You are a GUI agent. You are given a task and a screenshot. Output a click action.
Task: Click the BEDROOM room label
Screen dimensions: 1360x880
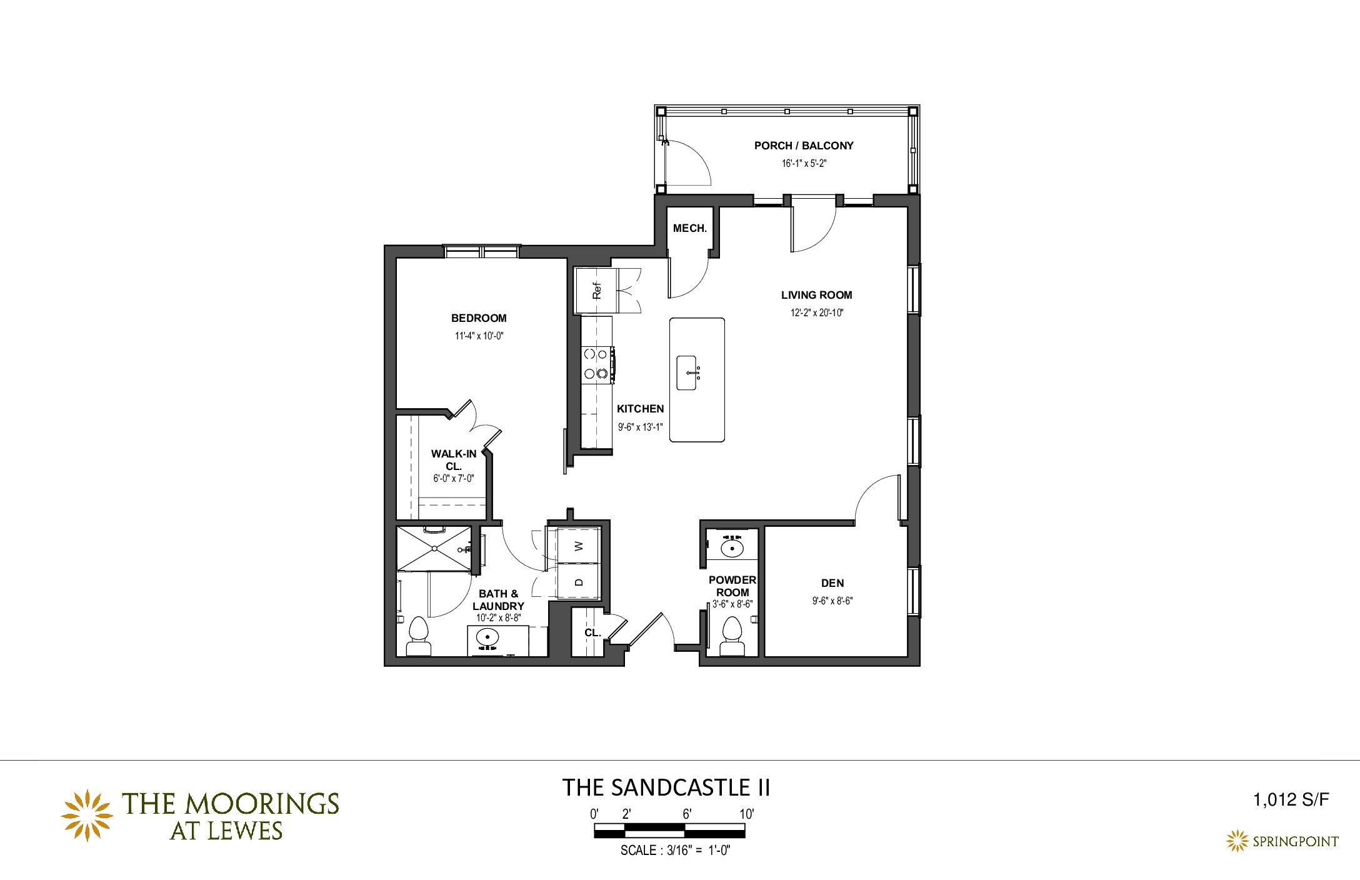[479, 318]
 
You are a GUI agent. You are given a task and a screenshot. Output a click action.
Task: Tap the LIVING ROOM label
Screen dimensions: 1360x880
[816, 295]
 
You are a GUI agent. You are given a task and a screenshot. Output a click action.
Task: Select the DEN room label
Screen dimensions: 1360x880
[832, 583]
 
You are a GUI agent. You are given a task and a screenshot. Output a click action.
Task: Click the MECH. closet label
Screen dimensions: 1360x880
[690, 229]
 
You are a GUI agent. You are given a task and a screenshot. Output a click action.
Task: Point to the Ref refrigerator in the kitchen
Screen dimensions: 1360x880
[596, 291]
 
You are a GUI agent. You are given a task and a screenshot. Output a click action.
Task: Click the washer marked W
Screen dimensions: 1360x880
[578, 546]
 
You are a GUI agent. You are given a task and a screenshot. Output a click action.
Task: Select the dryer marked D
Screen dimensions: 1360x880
[578, 581]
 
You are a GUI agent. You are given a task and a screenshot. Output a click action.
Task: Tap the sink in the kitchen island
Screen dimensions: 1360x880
[687, 373]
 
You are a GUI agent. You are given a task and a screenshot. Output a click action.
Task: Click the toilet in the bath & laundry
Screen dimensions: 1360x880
[418, 636]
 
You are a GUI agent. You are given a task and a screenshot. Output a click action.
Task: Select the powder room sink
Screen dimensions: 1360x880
[732, 548]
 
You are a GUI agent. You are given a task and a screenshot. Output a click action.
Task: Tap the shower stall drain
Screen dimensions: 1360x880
[434, 549]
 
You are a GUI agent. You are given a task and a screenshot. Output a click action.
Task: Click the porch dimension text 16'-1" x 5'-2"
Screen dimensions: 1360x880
[804, 164]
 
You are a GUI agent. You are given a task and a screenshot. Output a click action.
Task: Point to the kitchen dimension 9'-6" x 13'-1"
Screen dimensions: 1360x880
[640, 427]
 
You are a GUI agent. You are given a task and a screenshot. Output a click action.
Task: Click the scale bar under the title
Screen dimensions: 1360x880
[669, 831]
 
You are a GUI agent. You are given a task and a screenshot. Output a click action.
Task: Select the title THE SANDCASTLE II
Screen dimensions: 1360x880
[666, 787]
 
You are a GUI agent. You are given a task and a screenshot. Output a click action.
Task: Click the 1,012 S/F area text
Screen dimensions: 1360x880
[1291, 800]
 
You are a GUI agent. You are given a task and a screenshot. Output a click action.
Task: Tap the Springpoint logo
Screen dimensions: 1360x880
[1282, 841]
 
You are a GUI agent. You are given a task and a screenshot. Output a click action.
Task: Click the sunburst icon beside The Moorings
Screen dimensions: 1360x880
[87, 815]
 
